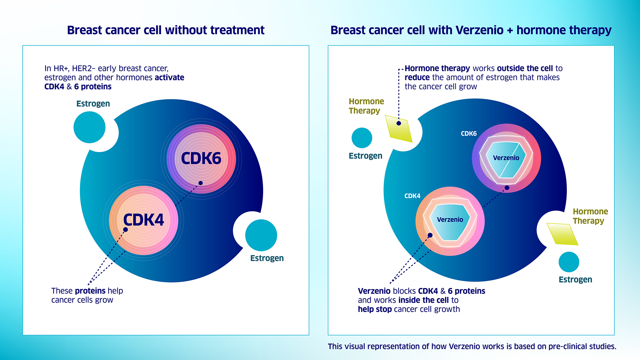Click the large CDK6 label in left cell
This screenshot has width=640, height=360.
(x=201, y=158)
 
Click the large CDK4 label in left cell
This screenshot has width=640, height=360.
(x=143, y=220)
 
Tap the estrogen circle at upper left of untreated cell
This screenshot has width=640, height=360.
(x=90, y=127)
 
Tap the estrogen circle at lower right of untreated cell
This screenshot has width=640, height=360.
(x=261, y=235)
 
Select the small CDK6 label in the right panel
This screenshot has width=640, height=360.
(x=468, y=133)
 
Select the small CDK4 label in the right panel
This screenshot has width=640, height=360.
(x=412, y=196)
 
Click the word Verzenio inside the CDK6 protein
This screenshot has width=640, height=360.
(x=506, y=158)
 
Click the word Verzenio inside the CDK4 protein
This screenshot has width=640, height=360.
(x=450, y=220)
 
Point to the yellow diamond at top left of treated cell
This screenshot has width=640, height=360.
(x=399, y=129)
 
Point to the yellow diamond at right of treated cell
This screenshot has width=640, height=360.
(x=562, y=234)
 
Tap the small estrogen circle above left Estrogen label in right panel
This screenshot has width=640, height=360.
(x=362, y=138)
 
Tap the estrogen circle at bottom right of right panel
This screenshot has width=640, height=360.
(x=569, y=262)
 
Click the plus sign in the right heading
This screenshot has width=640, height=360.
(x=510, y=30)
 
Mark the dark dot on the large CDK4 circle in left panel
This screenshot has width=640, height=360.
(x=125, y=229)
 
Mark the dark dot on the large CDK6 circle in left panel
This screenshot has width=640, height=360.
(x=201, y=183)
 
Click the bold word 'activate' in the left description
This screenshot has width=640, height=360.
(x=169, y=77)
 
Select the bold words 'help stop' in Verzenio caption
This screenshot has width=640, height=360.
(x=375, y=309)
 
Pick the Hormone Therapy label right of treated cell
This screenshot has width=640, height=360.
(x=590, y=216)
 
